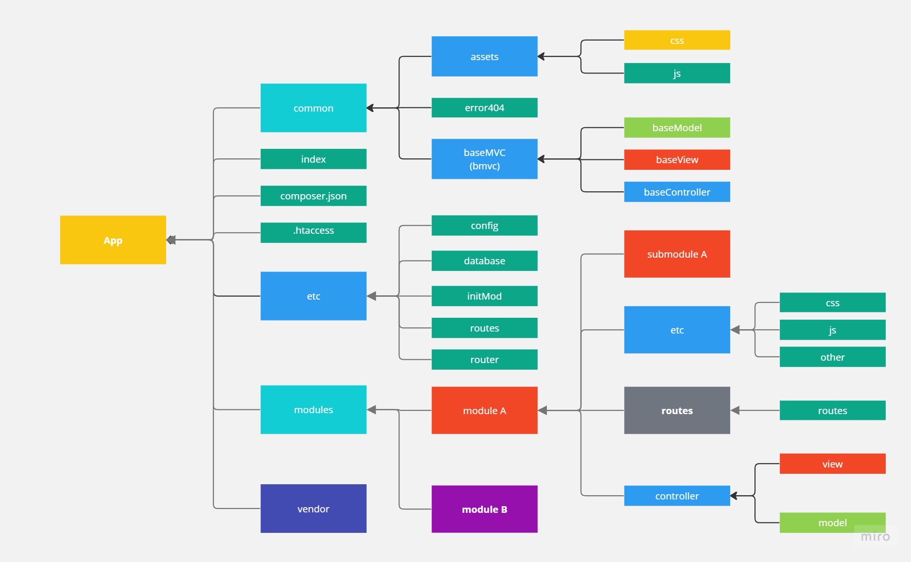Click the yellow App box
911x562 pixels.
coord(113,240)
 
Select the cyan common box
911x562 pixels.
coord(313,108)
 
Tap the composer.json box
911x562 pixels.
coord(313,196)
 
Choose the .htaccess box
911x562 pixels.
coord(313,232)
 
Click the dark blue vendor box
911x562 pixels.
coord(313,508)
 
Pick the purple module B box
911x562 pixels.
coord(484,509)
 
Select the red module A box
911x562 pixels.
coord(484,410)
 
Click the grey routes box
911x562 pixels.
coord(677,410)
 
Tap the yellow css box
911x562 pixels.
coord(677,40)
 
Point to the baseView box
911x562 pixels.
coord(677,159)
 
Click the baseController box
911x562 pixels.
coord(677,192)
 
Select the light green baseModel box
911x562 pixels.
coord(677,127)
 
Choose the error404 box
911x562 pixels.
coord(484,107)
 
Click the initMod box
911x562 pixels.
coord(484,296)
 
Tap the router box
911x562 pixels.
coord(484,359)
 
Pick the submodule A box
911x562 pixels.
coord(677,254)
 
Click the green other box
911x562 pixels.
coord(832,357)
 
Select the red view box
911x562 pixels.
coord(832,464)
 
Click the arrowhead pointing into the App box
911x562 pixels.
coord(171,240)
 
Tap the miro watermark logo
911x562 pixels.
coord(875,537)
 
